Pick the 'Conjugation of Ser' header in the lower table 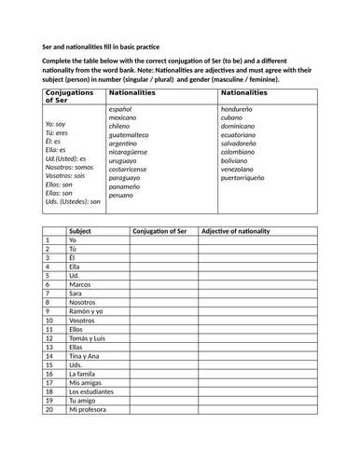(x=162, y=229)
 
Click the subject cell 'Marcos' (x=80, y=285)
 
